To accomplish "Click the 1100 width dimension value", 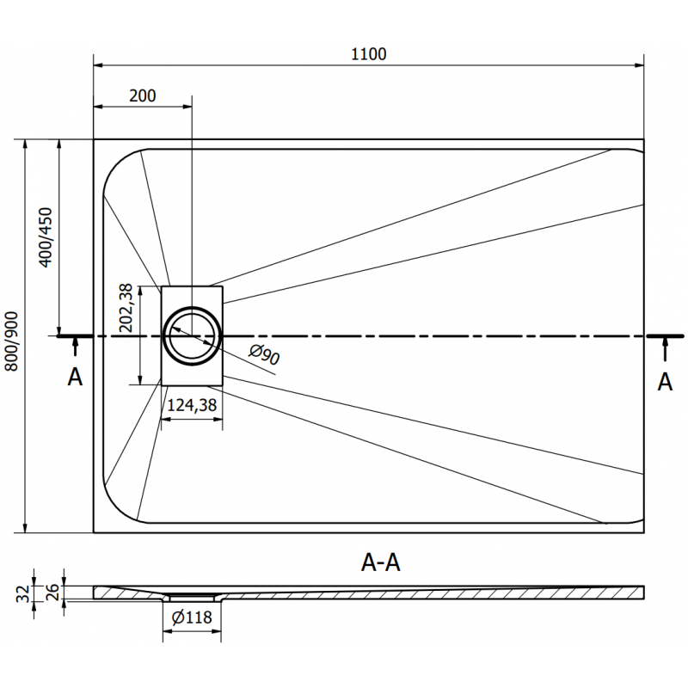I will click(x=368, y=53).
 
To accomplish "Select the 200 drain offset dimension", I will click(x=143, y=95).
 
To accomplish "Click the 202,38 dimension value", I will click(x=126, y=307).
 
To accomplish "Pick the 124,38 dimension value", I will click(x=191, y=405).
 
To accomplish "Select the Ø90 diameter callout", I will click(x=263, y=355).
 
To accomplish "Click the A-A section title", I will click(x=380, y=563).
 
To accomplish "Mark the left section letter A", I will click(x=76, y=377).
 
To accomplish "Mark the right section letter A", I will click(x=664, y=381).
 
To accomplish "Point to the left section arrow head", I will click(x=76, y=343).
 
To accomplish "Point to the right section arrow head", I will click(x=665, y=343).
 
